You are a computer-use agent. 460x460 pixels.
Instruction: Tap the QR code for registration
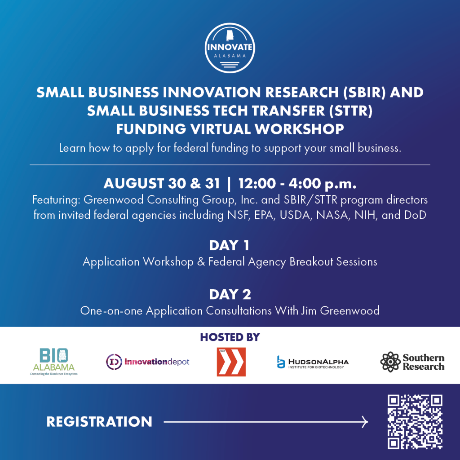tap(415, 421)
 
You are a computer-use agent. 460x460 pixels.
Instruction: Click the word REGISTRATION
tap(99, 422)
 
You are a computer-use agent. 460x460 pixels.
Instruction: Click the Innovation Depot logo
tap(148, 361)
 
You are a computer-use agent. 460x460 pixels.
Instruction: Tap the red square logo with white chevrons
tap(231, 361)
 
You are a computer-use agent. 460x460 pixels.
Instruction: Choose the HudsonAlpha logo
tap(313, 362)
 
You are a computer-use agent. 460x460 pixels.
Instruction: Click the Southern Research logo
tap(412, 362)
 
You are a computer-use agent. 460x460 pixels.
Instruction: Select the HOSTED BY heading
tap(230, 337)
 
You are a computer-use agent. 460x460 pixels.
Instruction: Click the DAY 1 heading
tap(230, 246)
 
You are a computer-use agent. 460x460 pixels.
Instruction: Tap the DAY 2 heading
tap(230, 295)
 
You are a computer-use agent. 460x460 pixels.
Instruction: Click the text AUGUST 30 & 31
tap(162, 184)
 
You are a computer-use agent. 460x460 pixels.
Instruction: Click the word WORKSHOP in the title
tap(300, 129)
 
